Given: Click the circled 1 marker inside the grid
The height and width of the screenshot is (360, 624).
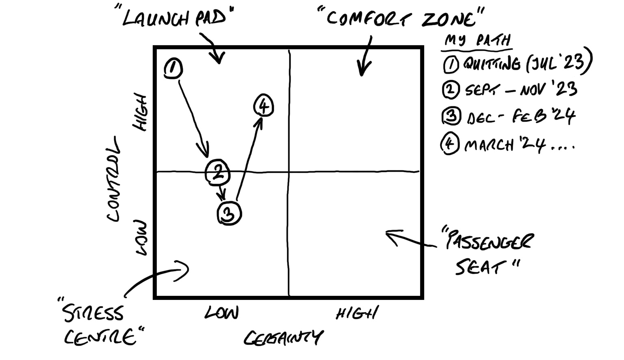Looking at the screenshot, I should [x=173, y=68].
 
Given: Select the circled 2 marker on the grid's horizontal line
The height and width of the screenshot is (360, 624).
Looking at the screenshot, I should [x=218, y=172].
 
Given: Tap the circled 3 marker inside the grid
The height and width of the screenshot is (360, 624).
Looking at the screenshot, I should [x=230, y=213].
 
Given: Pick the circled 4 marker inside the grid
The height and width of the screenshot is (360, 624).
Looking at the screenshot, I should [x=264, y=106].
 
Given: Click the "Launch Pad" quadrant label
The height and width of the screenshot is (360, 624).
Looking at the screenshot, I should [x=174, y=18].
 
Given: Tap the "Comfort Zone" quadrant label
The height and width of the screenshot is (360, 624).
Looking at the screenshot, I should [x=400, y=18].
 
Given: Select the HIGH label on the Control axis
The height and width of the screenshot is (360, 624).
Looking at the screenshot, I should [x=140, y=113].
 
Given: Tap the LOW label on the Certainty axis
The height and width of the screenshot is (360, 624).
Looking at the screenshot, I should [x=221, y=313].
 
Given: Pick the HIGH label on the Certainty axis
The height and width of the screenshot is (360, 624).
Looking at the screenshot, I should [x=357, y=313].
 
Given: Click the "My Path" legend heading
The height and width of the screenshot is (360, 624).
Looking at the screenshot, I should [x=478, y=41].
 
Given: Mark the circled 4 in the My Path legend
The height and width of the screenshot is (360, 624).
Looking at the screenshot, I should [x=450, y=144].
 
